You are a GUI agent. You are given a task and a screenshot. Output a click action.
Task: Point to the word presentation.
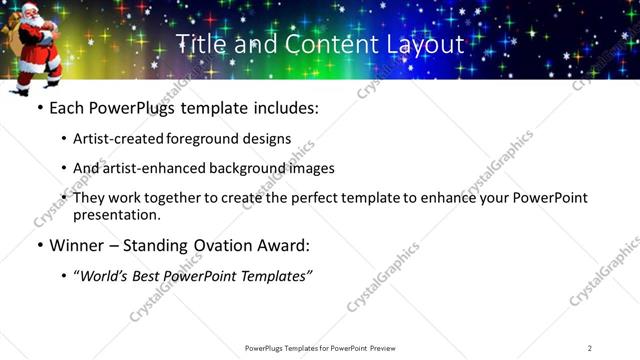116,214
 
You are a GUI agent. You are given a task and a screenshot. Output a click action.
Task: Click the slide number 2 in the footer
590,347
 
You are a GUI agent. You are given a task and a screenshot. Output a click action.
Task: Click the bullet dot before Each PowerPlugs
39,107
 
